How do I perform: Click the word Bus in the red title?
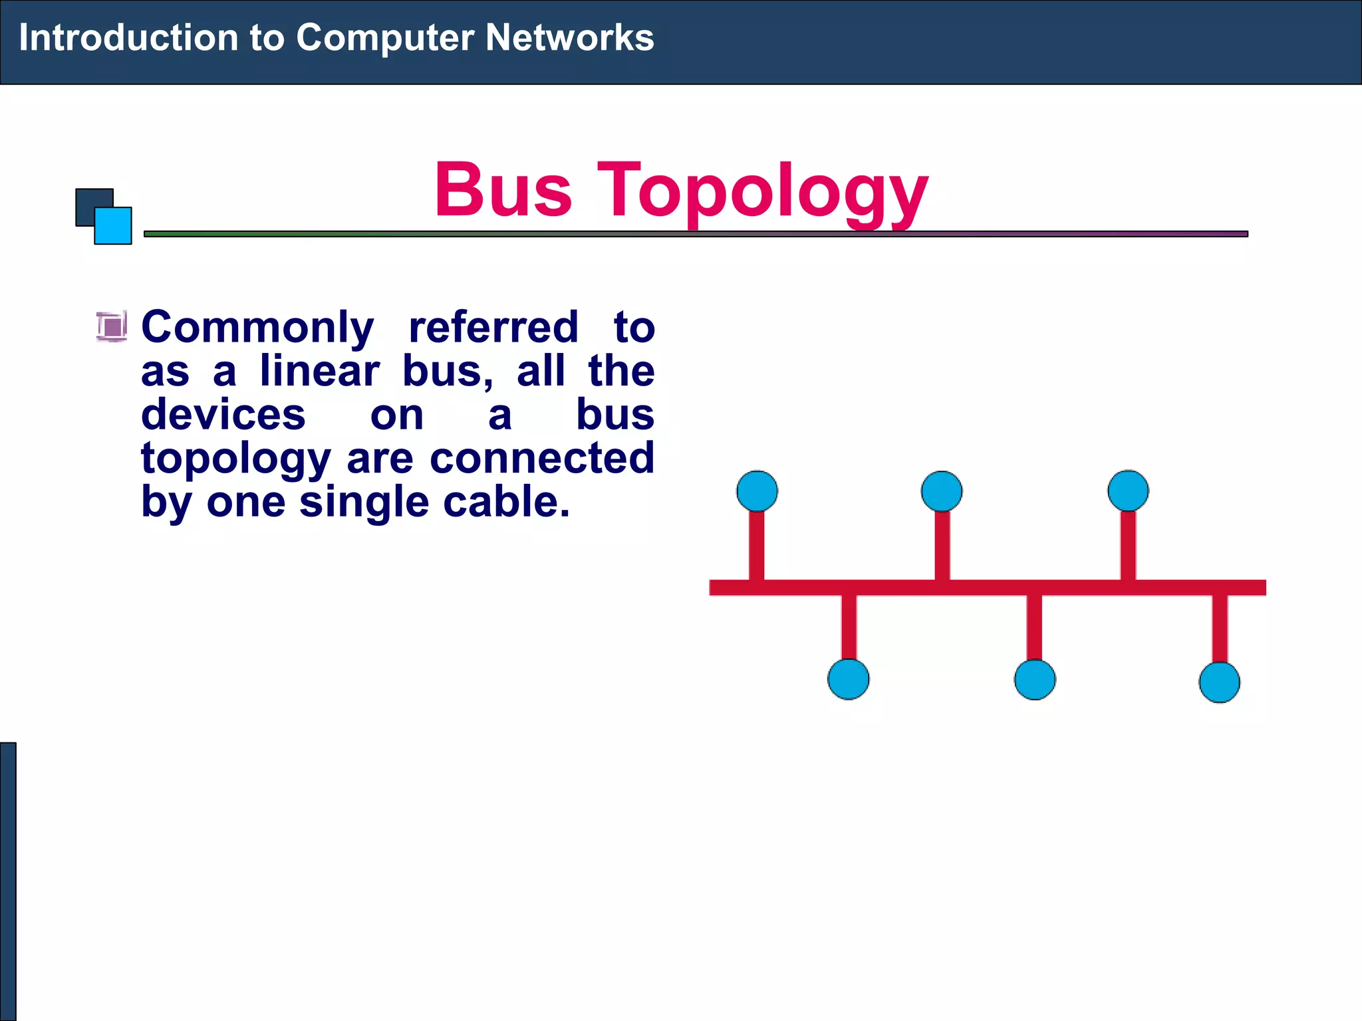pos(503,191)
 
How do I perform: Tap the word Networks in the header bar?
pos(569,37)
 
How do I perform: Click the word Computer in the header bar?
pos(385,39)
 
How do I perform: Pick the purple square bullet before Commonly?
pos(112,326)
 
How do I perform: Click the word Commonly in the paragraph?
pos(258,328)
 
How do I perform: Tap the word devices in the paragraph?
pos(223,415)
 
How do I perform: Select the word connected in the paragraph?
pos(542,459)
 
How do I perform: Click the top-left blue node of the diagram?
pos(757,491)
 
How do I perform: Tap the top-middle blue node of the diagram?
pos(941,491)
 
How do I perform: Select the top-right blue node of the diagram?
pos(1128,491)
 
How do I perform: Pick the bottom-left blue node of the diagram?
pos(848,679)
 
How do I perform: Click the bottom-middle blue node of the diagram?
pos(1034,679)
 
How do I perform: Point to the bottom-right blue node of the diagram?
pos(1219,682)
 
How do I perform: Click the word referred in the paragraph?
pos(493,328)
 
